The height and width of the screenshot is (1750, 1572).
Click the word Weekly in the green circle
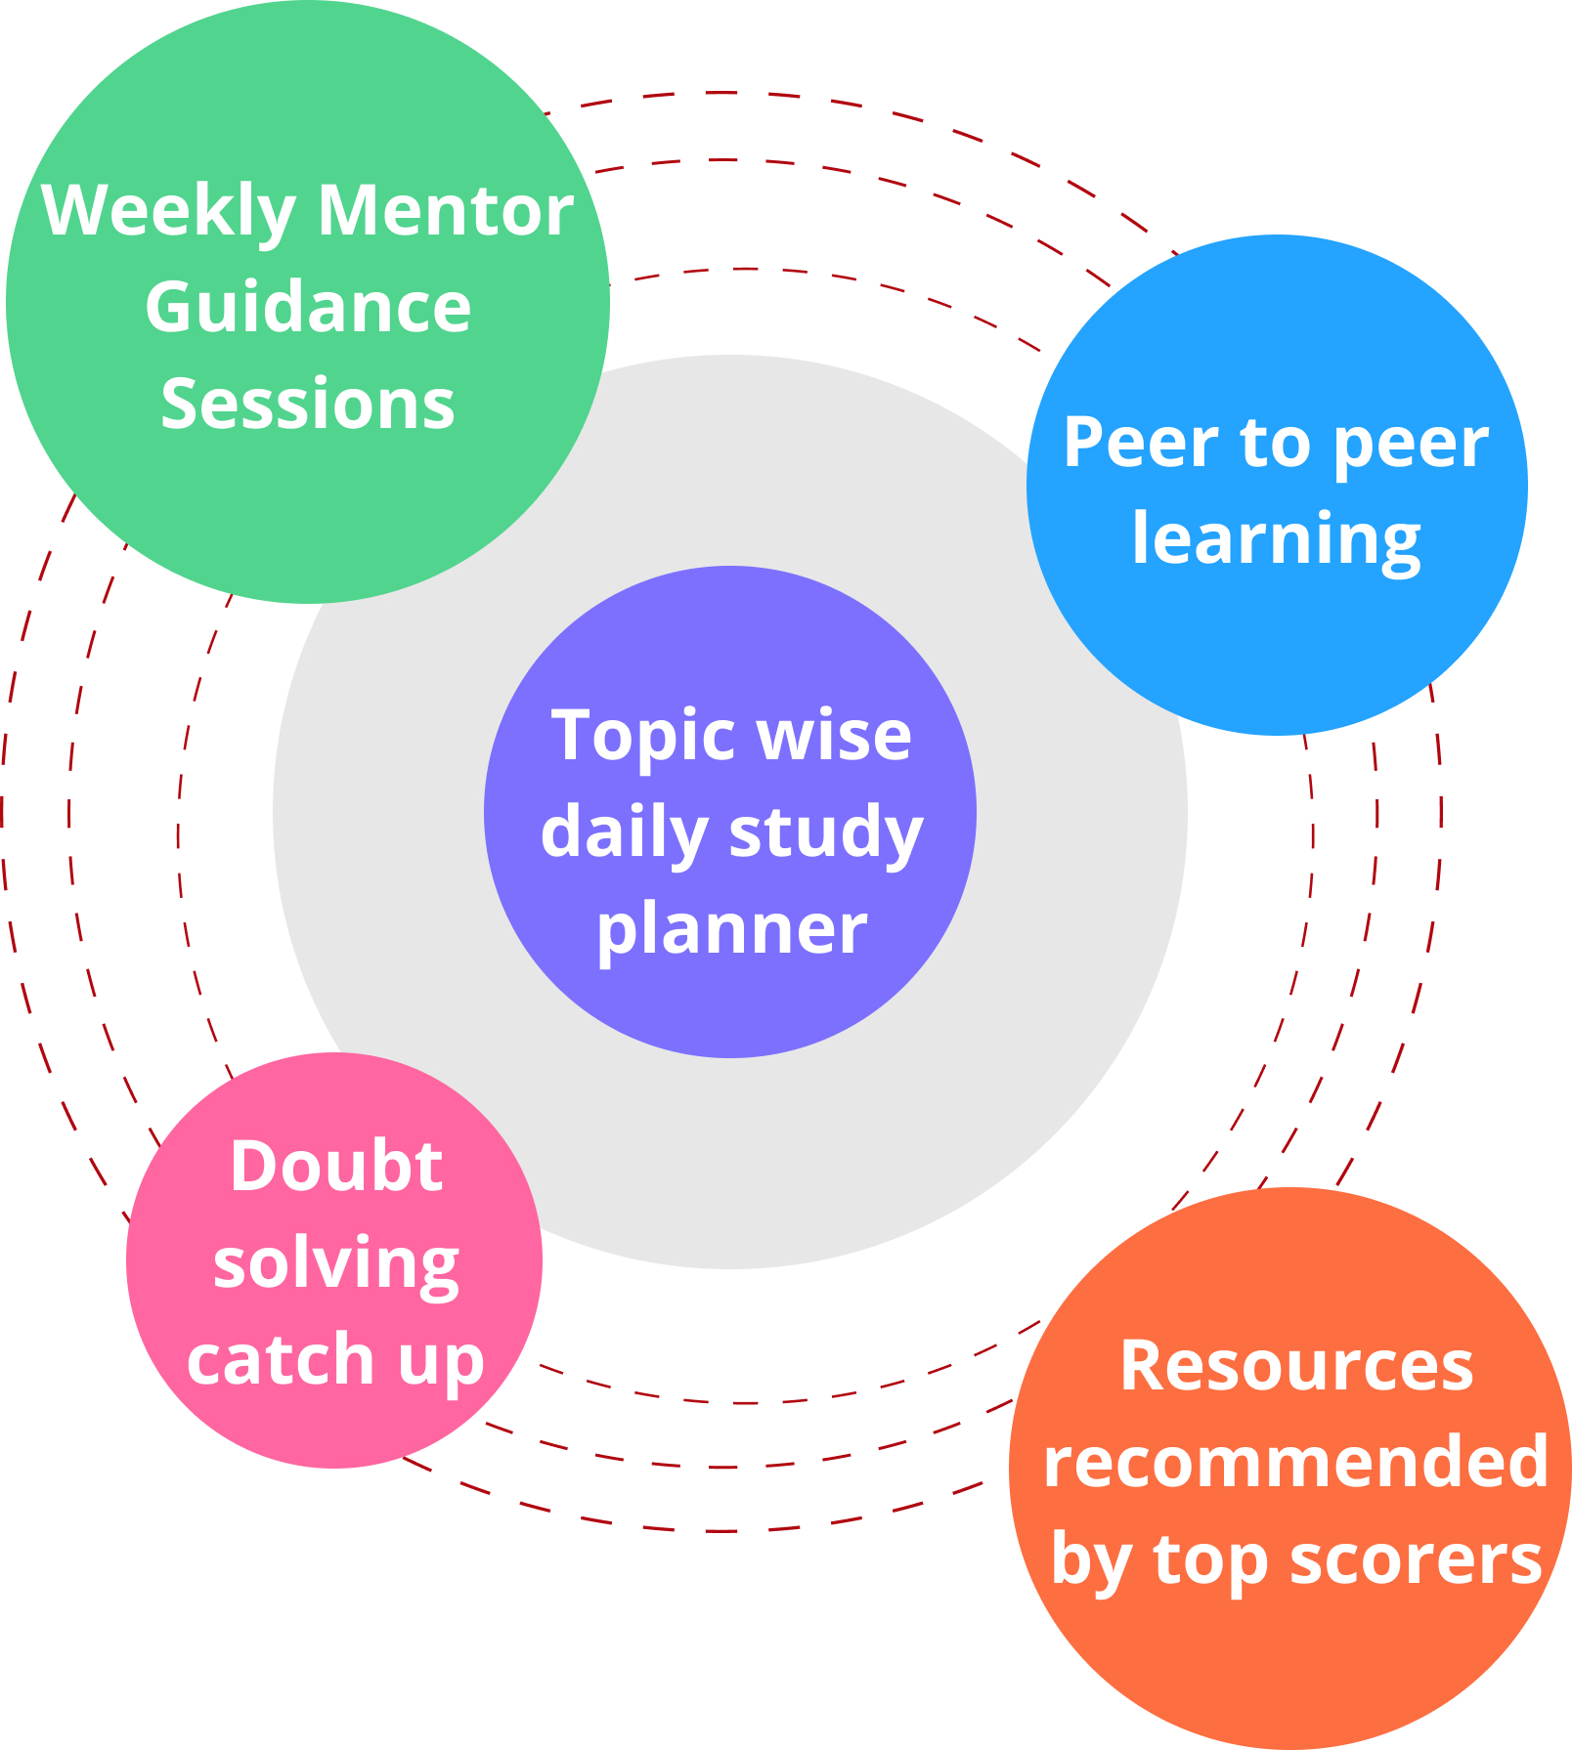click(x=168, y=212)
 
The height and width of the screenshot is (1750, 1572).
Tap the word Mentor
click(x=447, y=210)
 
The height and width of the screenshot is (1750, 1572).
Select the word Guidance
click(x=308, y=308)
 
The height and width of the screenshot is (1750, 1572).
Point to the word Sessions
click(x=308, y=404)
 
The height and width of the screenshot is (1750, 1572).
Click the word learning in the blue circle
click(x=1276, y=540)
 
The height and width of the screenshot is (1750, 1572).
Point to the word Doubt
click(x=336, y=1166)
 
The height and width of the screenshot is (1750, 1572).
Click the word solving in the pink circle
click(x=336, y=1265)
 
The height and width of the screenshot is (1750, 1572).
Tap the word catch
click(x=281, y=1359)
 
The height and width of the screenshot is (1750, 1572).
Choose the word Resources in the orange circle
click(x=1296, y=1366)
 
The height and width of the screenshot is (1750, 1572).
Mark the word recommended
click(x=1296, y=1461)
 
